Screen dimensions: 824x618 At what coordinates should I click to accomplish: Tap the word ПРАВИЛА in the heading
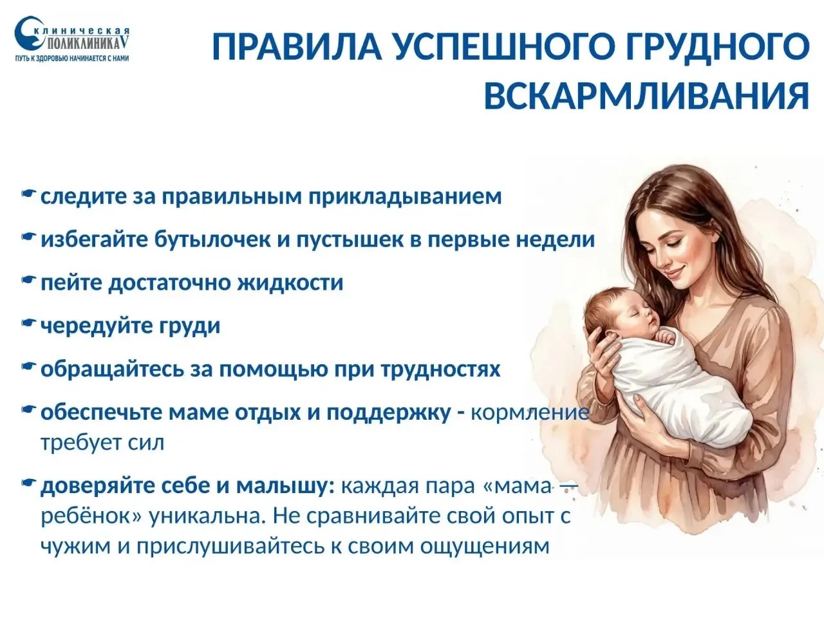pyautogui.click(x=297, y=47)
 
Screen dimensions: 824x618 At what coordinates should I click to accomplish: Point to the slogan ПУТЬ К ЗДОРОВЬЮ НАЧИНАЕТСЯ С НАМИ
pyautogui.click(x=71, y=59)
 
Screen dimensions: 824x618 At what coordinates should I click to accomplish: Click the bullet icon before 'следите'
pyautogui.click(x=29, y=194)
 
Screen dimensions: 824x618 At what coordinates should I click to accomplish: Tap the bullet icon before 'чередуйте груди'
pyautogui.click(x=29, y=323)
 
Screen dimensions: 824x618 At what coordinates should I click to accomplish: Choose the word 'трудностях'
pyautogui.click(x=441, y=370)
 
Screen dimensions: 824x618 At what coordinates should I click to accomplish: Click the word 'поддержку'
pyautogui.click(x=389, y=413)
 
